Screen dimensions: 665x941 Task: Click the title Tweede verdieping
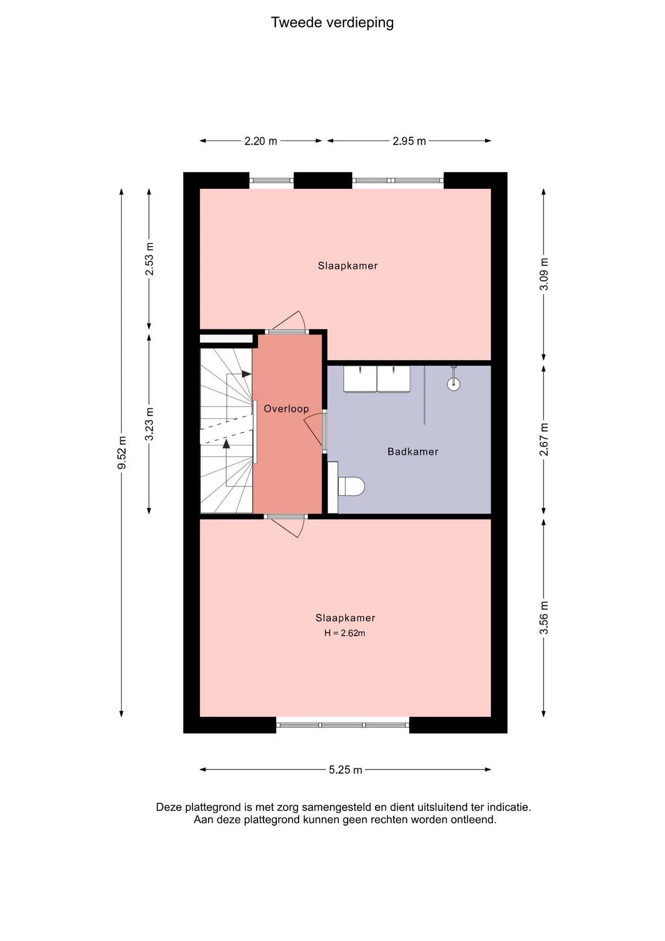click(x=332, y=23)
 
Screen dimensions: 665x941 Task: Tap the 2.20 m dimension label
click(x=261, y=141)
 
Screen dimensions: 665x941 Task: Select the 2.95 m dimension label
click(x=409, y=141)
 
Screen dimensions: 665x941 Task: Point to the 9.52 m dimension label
click(x=122, y=452)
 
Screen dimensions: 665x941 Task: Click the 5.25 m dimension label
click(x=345, y=769)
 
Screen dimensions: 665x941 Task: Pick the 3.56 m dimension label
click(x=544, y=618)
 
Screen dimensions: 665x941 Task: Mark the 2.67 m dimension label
click(x=544, y=439)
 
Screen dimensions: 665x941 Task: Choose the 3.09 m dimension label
click(x=544, y=274)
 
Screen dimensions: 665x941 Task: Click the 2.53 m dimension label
click(x=149, y=259)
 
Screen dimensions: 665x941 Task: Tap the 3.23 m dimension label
click(x=149, y=424)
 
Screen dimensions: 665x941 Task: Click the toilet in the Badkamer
click(x=351, y=487)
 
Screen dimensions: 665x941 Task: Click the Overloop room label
click(x=286, y=409)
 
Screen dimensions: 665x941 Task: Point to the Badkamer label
click(x=413, y=451)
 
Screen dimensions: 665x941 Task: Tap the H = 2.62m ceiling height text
click(x=345, y=633)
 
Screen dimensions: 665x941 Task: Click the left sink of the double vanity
click(x=360, y=379)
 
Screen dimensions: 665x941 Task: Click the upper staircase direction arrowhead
click(x=246, y=374)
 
